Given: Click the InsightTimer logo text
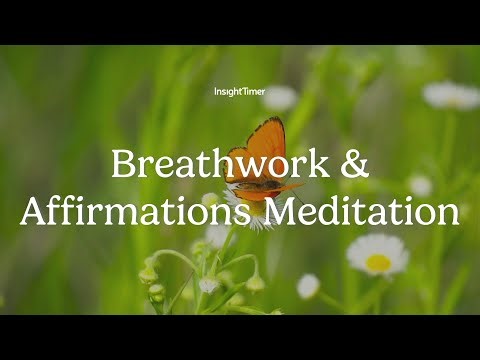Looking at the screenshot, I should coord(239,92).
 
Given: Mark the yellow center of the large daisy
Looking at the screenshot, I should coord(378,262).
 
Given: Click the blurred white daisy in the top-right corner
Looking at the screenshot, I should coord(450,95).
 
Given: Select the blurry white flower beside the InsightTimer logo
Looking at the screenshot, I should coord(280,98).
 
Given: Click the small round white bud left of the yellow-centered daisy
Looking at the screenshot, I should coord(308,286).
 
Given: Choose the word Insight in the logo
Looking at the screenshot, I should coord(227,92).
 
